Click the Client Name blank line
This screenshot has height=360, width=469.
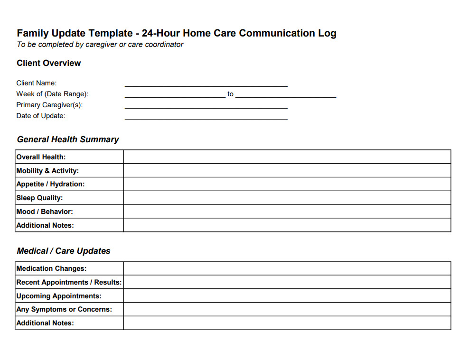[x=206, y=84]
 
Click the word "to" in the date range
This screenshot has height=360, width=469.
[x=230, y=94]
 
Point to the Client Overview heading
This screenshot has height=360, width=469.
[x=48, y=63]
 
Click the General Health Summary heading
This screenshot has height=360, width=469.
[x=68, y=139]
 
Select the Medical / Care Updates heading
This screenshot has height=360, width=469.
[x=64, y=251]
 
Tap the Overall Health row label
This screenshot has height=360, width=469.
[x=41, y=157]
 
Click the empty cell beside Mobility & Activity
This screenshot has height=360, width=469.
[x=287, y=171]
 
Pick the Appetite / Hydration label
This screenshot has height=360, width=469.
[x=50, y=184]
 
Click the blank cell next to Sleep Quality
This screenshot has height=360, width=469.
[x=287, y=198]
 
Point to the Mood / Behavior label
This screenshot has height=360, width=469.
[x=45, y=212]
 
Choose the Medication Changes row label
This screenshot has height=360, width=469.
[x=51, y=268]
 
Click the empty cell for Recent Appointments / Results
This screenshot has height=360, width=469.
[x=287, y=282]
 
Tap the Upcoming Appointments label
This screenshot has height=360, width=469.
[x=59, y=296]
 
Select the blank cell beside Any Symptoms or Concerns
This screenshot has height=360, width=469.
[x=287, y=309]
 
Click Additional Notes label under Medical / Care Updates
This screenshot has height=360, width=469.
[x=45, y=323]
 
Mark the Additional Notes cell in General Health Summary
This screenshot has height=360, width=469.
[x=287, y=225]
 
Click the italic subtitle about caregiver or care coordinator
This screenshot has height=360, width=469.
[x=100, y=45]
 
